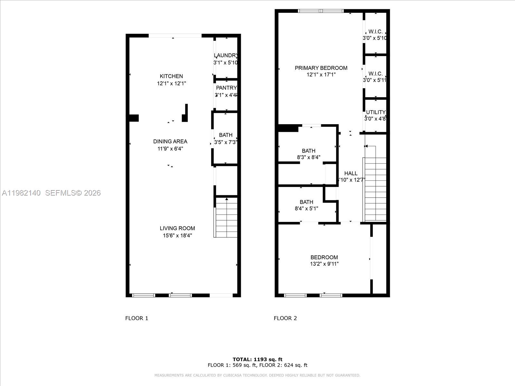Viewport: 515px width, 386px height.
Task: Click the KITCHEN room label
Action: (171, 76)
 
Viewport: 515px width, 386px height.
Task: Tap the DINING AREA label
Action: (170, 142)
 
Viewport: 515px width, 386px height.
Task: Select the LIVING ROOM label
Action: (177, 228)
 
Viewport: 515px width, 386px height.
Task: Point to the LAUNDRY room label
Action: (226, 55)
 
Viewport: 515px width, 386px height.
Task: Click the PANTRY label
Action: (226, 88)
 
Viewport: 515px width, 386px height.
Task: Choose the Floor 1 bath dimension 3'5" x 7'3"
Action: (226, 142)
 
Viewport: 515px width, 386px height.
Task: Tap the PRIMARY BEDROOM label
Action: (321, 68)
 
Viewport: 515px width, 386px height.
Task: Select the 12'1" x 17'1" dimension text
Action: (321, 75)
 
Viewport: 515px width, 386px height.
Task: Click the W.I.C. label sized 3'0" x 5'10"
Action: (375, 32)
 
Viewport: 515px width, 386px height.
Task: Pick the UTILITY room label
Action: (376, 112)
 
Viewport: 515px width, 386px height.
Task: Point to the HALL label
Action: (351, 173)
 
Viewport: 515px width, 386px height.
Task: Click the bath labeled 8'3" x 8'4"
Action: (308, 151)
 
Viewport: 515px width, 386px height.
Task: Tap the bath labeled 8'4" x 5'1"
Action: (306, 202)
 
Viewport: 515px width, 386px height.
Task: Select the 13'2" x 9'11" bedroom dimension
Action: (324, 264)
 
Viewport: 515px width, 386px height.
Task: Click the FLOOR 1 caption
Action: (136, 318)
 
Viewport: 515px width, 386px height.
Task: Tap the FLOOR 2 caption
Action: (285, 318)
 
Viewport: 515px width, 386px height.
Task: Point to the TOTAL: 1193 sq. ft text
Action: (257, 359)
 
